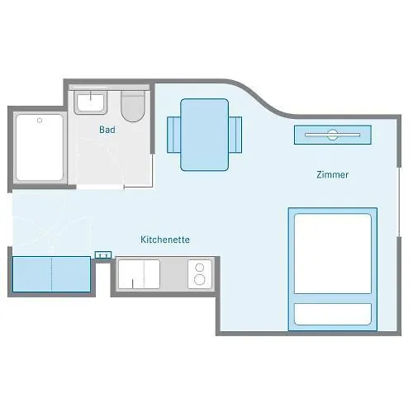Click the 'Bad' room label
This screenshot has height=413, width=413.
pyautogui.click(x=107, y=130)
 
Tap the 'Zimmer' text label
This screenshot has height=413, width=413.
pyautogui.click(x=332, y=174)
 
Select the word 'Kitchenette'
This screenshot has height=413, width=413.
pyautogui.click(x=165, y=240)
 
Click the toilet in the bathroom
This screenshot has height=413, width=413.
pyautogui.click(x=133, y=107)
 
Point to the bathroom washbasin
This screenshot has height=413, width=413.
pyautogui.click(x=90, y=102)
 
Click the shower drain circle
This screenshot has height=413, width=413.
pyautogui.click(x=40, y=121)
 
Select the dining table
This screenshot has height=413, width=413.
pyautogui.click(x=204, y=135)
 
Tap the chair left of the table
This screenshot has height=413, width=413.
pyautogui.click(x=173, y=135)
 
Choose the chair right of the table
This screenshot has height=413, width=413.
pyautogui.click(x=235, y=135)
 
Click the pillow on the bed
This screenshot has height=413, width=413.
pyautogui.click(x=333, y=314)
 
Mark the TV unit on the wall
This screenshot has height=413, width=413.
pyautogui.click(x=333, y=135)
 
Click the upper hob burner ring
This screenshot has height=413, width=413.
pyautogui.click(x=200, y=268)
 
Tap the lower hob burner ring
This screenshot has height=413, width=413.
pyautogui.click(x=200, y=280)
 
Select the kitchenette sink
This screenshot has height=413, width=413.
pyautogui.click(x=139, y=274)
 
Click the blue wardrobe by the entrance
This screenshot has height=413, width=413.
pyautogui.click(x=51, y=274)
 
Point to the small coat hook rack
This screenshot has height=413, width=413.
pyautogui.click(x=103, y=255)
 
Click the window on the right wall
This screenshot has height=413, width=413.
pyautogui.click(x=399, y=202)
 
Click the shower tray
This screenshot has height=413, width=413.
pyautogui.click(x=40, y=148)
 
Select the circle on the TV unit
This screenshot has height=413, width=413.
pyautogui.click(x=332, y=135)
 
